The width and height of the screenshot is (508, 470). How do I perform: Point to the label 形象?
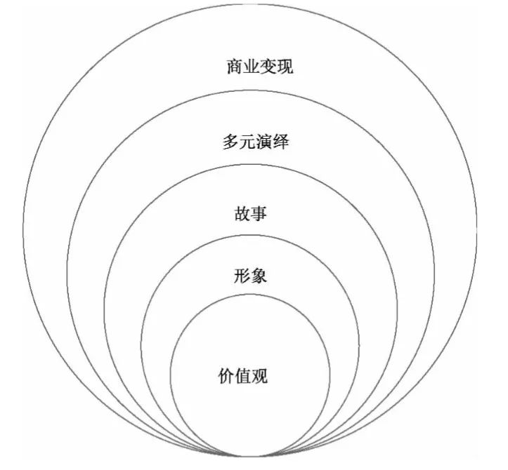click(x=250, y=276)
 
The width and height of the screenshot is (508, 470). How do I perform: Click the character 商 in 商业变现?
click(x=234, y=67)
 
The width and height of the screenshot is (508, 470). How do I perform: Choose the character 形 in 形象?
click(x=242, y=276)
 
